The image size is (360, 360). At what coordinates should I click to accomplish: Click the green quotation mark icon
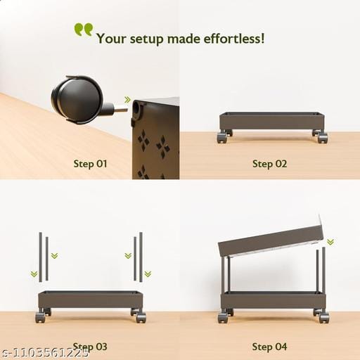[84, 30]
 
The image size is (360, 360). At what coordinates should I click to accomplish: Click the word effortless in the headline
[233, 38]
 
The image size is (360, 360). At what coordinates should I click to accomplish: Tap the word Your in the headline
[111, 39]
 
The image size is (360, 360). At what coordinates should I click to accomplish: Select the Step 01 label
[90, 164]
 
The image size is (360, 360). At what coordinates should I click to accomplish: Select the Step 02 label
[269, 164]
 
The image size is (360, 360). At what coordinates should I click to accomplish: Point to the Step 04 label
[269, 347]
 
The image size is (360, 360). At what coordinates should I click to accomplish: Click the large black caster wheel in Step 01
[77, 99]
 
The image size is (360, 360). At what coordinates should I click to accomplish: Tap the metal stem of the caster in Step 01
[120, 110]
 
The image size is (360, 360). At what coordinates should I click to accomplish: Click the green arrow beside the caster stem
[127, 100]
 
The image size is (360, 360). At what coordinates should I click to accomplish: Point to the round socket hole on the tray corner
[136, 108]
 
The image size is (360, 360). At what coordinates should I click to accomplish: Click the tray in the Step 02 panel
[272, 121]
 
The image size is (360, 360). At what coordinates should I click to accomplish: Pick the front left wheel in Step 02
[222, 138]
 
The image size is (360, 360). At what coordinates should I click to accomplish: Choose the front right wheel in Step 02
[323, 138]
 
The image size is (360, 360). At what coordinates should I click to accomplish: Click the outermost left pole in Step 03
[41, 257]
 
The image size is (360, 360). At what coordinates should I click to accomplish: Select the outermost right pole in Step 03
[141, 257]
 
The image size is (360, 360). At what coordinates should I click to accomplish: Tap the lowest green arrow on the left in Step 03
[34, 274]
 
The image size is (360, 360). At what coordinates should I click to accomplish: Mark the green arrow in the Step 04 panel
[330, 242]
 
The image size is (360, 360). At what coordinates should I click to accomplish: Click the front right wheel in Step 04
[323, 318]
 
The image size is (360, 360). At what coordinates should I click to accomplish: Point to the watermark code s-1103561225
[44, 352]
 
